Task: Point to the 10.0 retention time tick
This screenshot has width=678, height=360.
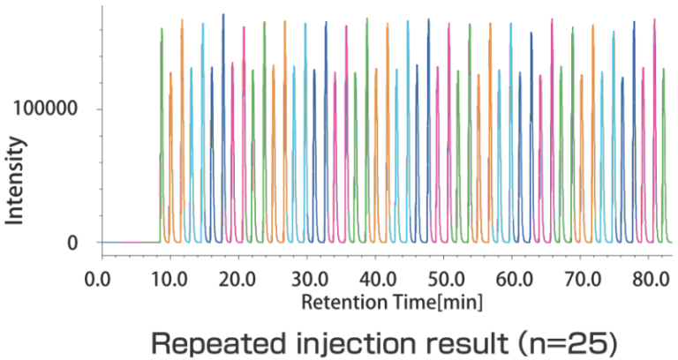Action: point(168,280)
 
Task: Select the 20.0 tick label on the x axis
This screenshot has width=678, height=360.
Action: point(237,280)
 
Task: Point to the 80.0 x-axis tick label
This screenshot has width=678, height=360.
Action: point(652,280)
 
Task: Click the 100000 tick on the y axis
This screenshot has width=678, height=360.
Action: point(46,109)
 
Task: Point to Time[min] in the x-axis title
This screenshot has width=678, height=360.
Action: point(424,303)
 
